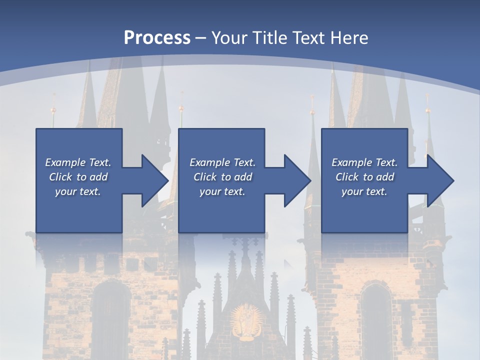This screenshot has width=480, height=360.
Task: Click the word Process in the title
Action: point(157,38)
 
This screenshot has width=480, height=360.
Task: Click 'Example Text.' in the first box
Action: point(78,162)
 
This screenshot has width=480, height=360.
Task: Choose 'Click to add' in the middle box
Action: point(222,177)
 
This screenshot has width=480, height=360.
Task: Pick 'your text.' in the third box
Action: point(364,191)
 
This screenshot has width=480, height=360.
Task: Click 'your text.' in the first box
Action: point(78,191)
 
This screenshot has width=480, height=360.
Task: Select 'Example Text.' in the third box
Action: point(364,162)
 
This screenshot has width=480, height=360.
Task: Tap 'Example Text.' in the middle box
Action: point(222,162)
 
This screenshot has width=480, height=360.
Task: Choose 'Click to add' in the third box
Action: point(364,177)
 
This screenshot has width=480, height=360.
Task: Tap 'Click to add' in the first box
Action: point(78,177)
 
